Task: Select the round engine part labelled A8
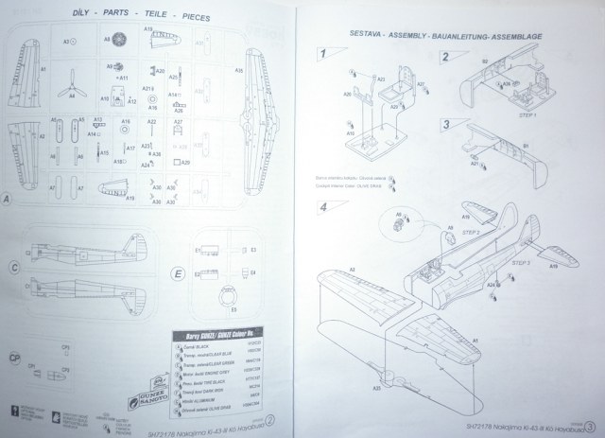(x=120, y=42)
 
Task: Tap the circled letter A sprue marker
(x=8, y=200)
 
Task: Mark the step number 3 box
(x=445, y=125)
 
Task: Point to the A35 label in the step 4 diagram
(x=352, y=389)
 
